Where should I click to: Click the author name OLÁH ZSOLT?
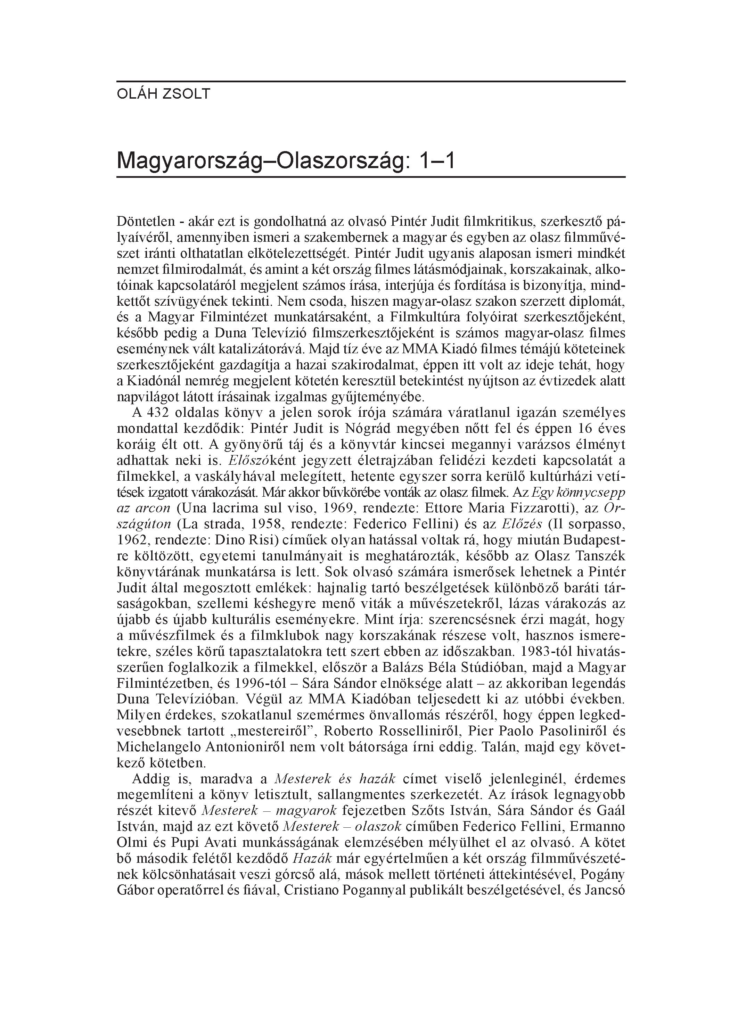point(163,94)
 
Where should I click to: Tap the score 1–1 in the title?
point(437,160)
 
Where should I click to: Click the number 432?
point(157,413)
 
